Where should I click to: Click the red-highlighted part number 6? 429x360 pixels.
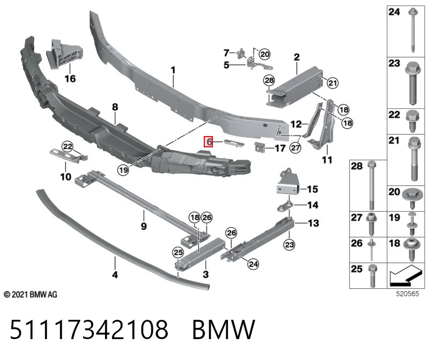(208, 142)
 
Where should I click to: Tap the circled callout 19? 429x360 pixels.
(123, 170)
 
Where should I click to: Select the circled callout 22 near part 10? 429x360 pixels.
(68, 146)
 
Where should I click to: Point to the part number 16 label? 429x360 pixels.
(70, 79)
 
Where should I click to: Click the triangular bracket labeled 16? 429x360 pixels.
(63, 53)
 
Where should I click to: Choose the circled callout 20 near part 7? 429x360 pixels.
(264, 54)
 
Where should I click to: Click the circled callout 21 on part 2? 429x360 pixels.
(332, 82)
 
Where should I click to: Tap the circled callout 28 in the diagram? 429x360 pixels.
(269, 80)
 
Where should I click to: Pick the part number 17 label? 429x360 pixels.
(280, 148)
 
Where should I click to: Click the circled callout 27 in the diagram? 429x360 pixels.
(295, 148)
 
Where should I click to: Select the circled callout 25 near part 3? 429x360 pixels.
(178, 252)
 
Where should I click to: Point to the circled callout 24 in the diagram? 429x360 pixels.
(253, 264)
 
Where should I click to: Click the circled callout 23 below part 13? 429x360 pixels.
(290, 244)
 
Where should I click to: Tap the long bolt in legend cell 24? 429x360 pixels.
(412, 31)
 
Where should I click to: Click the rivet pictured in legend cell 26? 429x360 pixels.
(372, 250)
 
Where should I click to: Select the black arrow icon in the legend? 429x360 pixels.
(405, 275)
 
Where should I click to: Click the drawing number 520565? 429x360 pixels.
(408, 294)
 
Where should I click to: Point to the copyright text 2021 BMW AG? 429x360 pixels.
(31, 295)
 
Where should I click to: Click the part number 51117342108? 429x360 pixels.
(89, 329)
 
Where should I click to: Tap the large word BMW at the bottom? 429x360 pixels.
(224, 329)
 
